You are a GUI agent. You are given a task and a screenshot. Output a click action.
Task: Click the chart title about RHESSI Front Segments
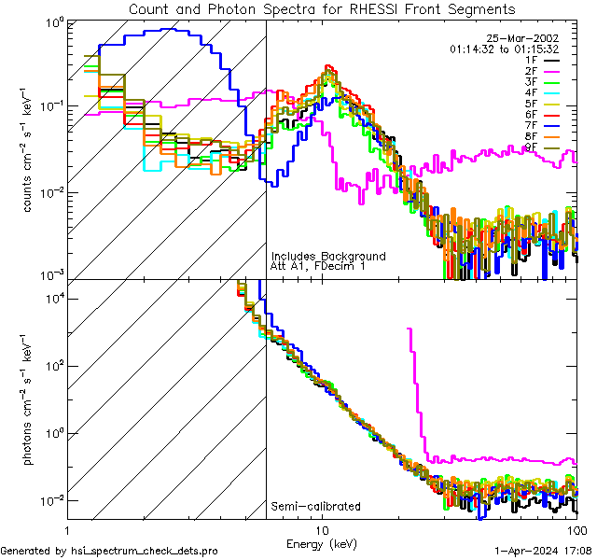321,9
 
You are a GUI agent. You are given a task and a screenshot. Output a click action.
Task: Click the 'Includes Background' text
328,257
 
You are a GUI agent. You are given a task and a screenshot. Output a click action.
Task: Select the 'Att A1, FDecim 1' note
318,267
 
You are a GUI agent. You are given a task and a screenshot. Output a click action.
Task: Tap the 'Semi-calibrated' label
315,507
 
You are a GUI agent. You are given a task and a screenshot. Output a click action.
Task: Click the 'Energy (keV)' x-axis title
323,544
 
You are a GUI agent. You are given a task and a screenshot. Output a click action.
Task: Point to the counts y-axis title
29,149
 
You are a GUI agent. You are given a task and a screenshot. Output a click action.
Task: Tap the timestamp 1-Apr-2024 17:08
542,551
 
